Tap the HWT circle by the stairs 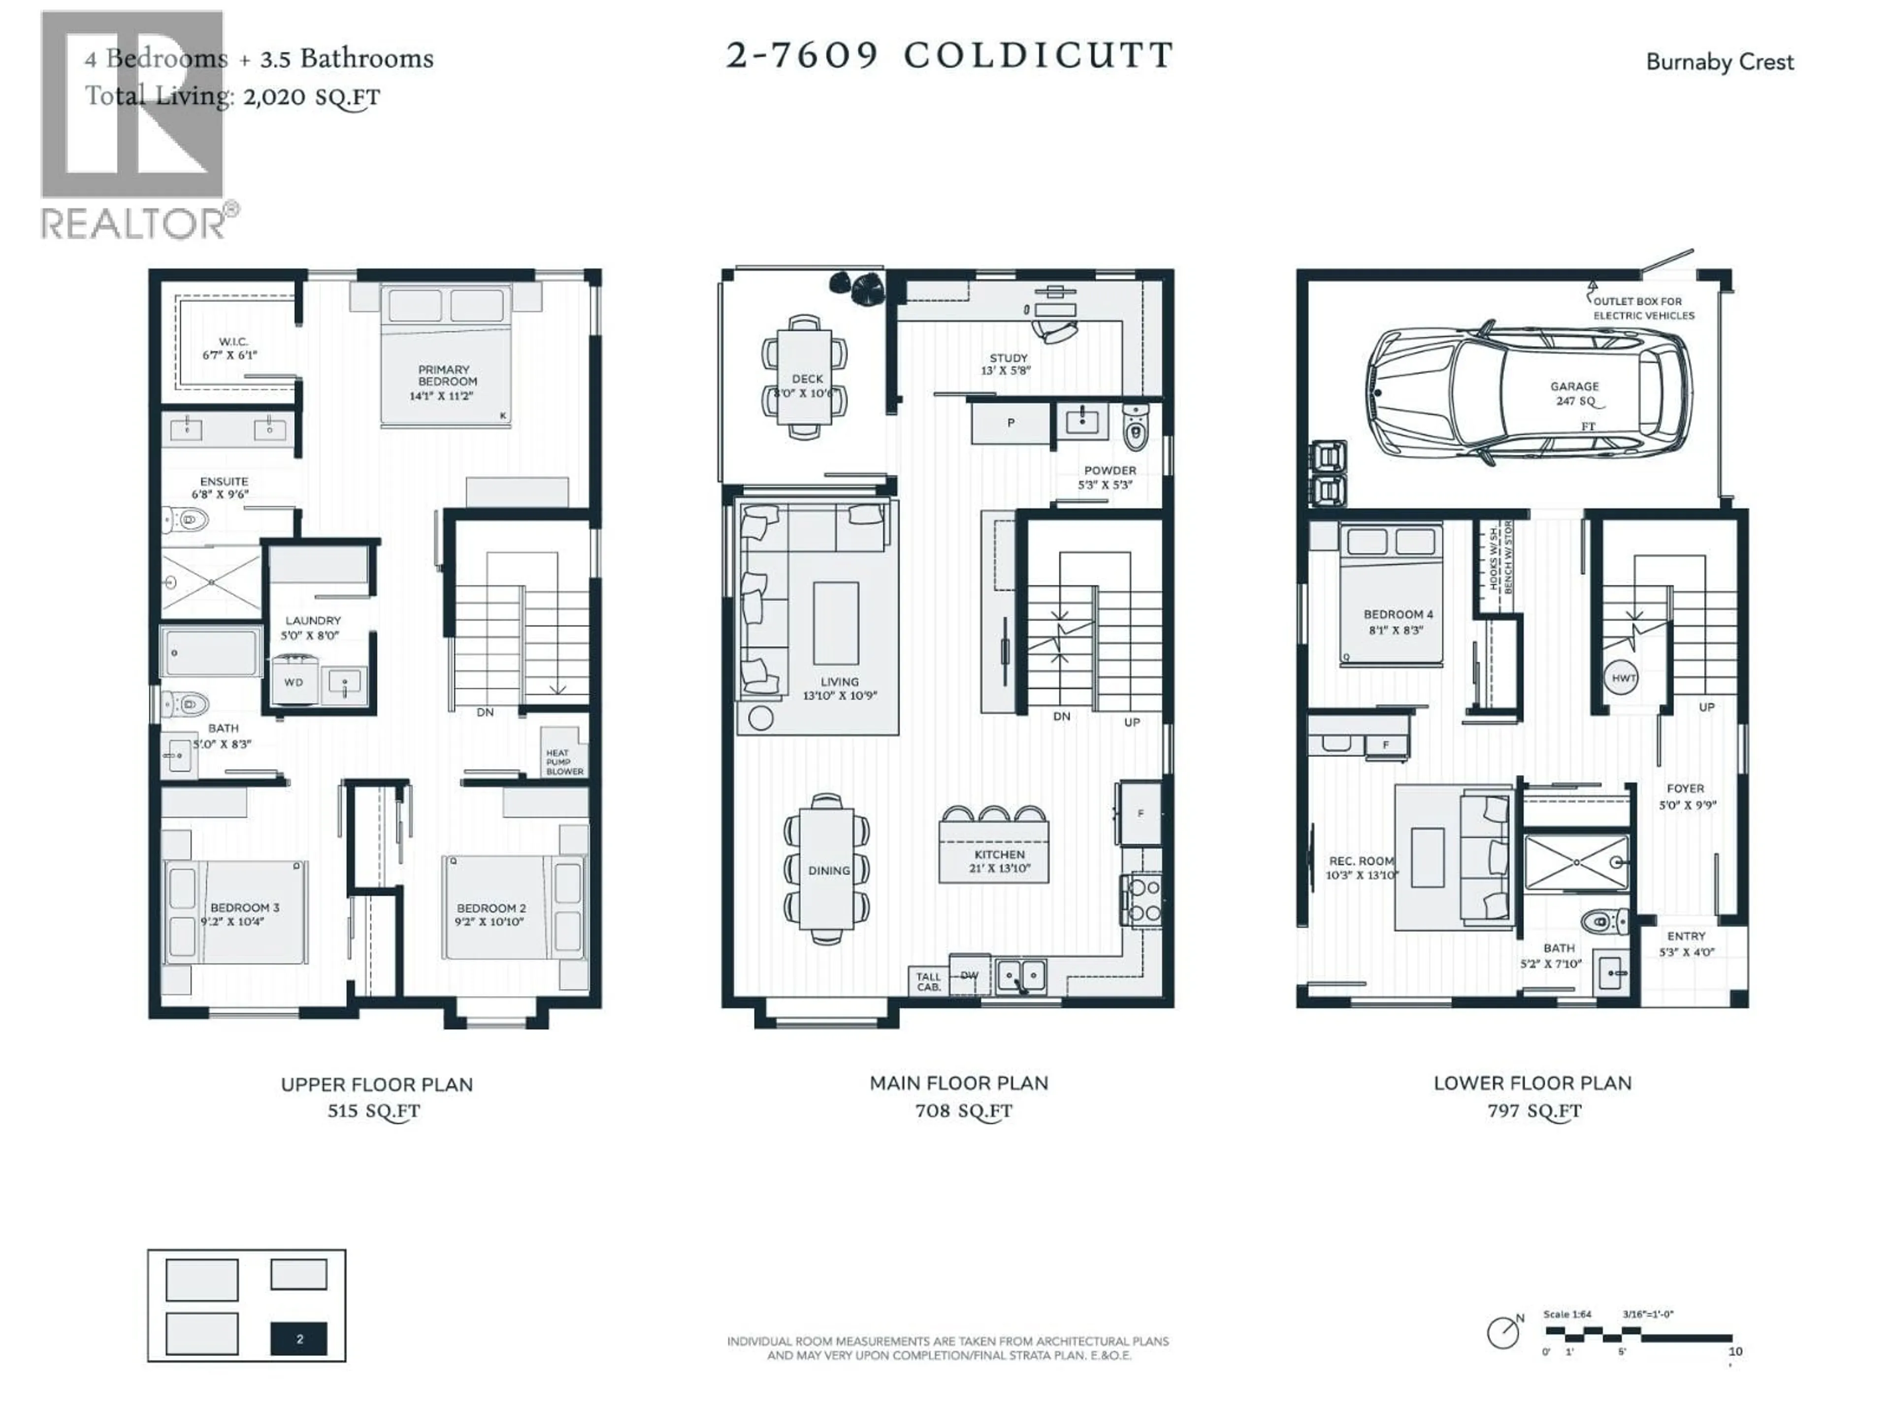(1624, 678)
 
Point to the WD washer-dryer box (293, 682)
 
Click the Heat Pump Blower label (564, 762)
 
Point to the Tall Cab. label (928, 981)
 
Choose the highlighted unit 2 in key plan (299, 1339)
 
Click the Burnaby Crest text (1719, 63)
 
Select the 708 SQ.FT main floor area (963, 1111)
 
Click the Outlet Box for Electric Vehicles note (1642, 308)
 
